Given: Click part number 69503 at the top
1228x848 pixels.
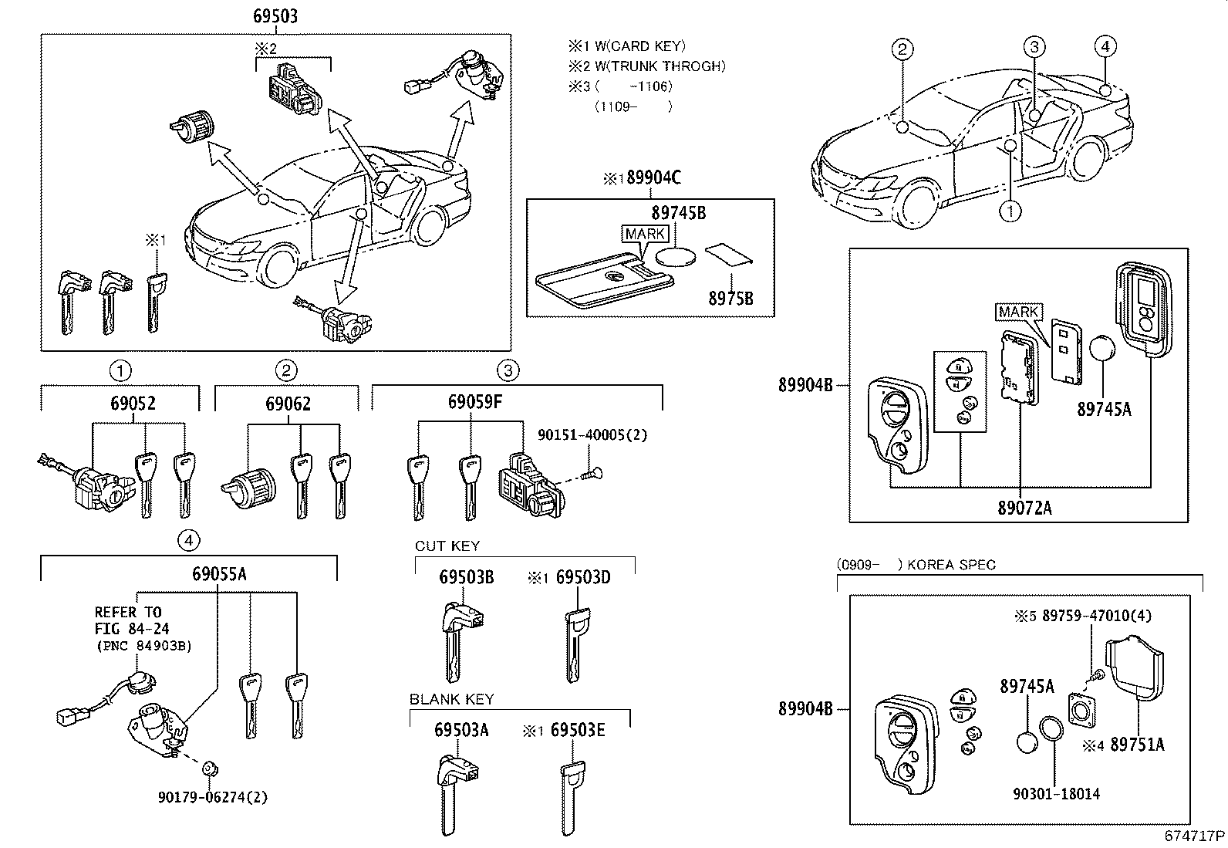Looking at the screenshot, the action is pyautogui.click(x=275, y=16).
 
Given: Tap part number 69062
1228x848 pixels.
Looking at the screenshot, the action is pyautogui.click(x=288, y=404).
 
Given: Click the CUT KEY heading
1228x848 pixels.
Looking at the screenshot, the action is pyautogui.click(x=447, y=546).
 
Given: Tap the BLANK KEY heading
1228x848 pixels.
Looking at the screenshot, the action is pyautogui.click(x=451, y=699).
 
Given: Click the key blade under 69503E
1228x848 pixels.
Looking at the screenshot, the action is pyautogui.click(x=571, y=798).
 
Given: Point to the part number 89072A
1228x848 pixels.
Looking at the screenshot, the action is pyautogui.click(x=1024, y=507).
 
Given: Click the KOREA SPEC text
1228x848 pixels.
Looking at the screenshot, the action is pyautogui.click(x=951, y=565).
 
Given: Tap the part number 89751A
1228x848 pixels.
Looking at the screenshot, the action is pyautogui.click(x=1137, y=745).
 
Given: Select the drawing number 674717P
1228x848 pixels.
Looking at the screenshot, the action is pyautogui.click(x=1195, y=836).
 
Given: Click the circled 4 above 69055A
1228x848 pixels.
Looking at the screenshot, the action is pyautogui.click(x=189, y=540).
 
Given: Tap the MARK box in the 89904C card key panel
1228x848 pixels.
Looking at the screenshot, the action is pyautogui.click(x=642, y=234).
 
